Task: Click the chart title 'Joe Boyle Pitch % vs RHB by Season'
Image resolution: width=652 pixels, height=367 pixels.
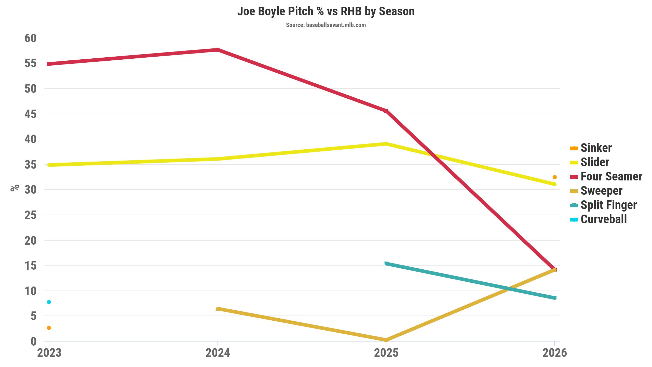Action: pos(326,11)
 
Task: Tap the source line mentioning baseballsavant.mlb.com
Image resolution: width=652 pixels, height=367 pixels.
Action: pos(326,25)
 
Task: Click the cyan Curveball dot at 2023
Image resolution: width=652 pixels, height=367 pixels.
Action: pos(49,302)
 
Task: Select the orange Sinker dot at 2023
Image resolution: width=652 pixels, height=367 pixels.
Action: pos(49,328)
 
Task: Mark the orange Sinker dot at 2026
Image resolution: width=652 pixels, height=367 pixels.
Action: pos(554,177)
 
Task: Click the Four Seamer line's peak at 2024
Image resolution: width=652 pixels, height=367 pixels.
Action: pos(218,49)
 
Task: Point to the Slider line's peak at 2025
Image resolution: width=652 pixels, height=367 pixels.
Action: pos(386,144)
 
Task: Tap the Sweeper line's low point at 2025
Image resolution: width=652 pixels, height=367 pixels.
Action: pos(386,340)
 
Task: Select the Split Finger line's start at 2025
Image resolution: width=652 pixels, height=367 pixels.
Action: pos(386,263)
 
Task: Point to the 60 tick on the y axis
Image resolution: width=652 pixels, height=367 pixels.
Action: pos(31,38)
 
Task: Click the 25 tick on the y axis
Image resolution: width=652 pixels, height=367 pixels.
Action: pos(31,215)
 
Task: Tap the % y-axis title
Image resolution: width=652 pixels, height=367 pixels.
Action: pos(15,188)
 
